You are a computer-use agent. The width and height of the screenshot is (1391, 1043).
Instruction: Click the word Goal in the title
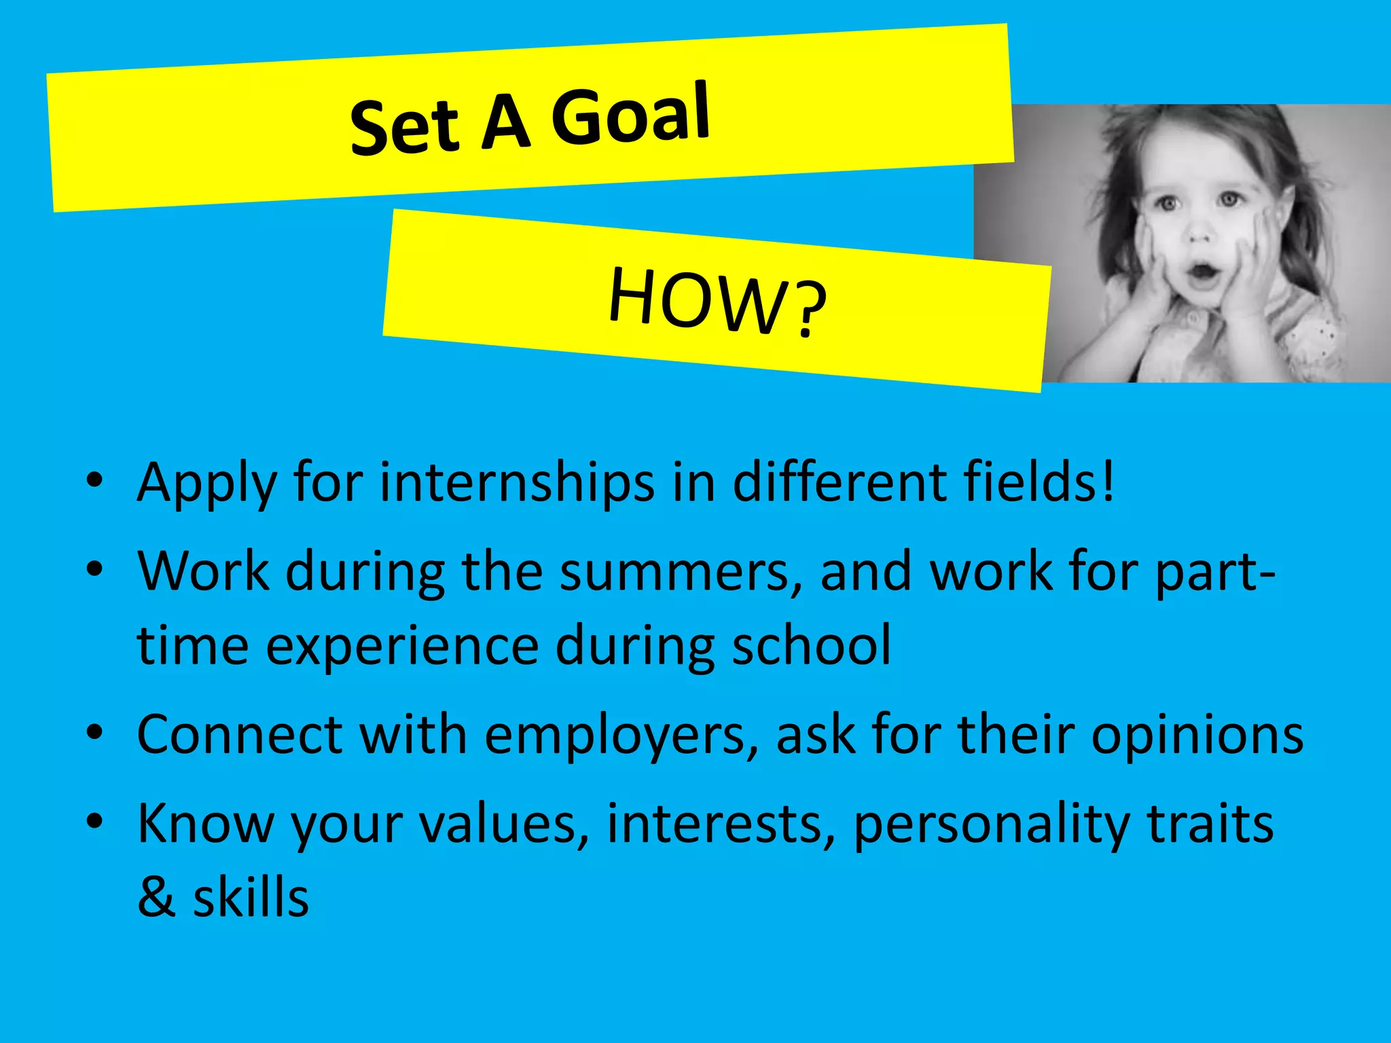[x=630, y=115]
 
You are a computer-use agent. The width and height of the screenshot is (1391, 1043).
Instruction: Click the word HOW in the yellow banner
[x=697, y=300]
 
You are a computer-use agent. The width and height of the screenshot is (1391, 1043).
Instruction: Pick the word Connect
[x=240, y=735]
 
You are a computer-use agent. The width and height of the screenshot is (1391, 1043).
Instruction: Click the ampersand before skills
[x=157, y=898]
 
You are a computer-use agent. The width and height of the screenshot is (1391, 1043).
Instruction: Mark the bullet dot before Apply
[x=94, y=481]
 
